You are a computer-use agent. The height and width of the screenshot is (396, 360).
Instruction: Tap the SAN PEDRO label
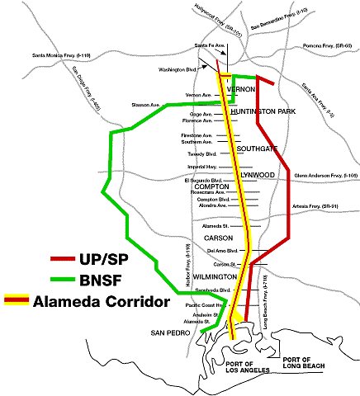pos(168,333)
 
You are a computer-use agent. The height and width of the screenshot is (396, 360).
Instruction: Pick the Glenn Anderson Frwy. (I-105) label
pos(325,175)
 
